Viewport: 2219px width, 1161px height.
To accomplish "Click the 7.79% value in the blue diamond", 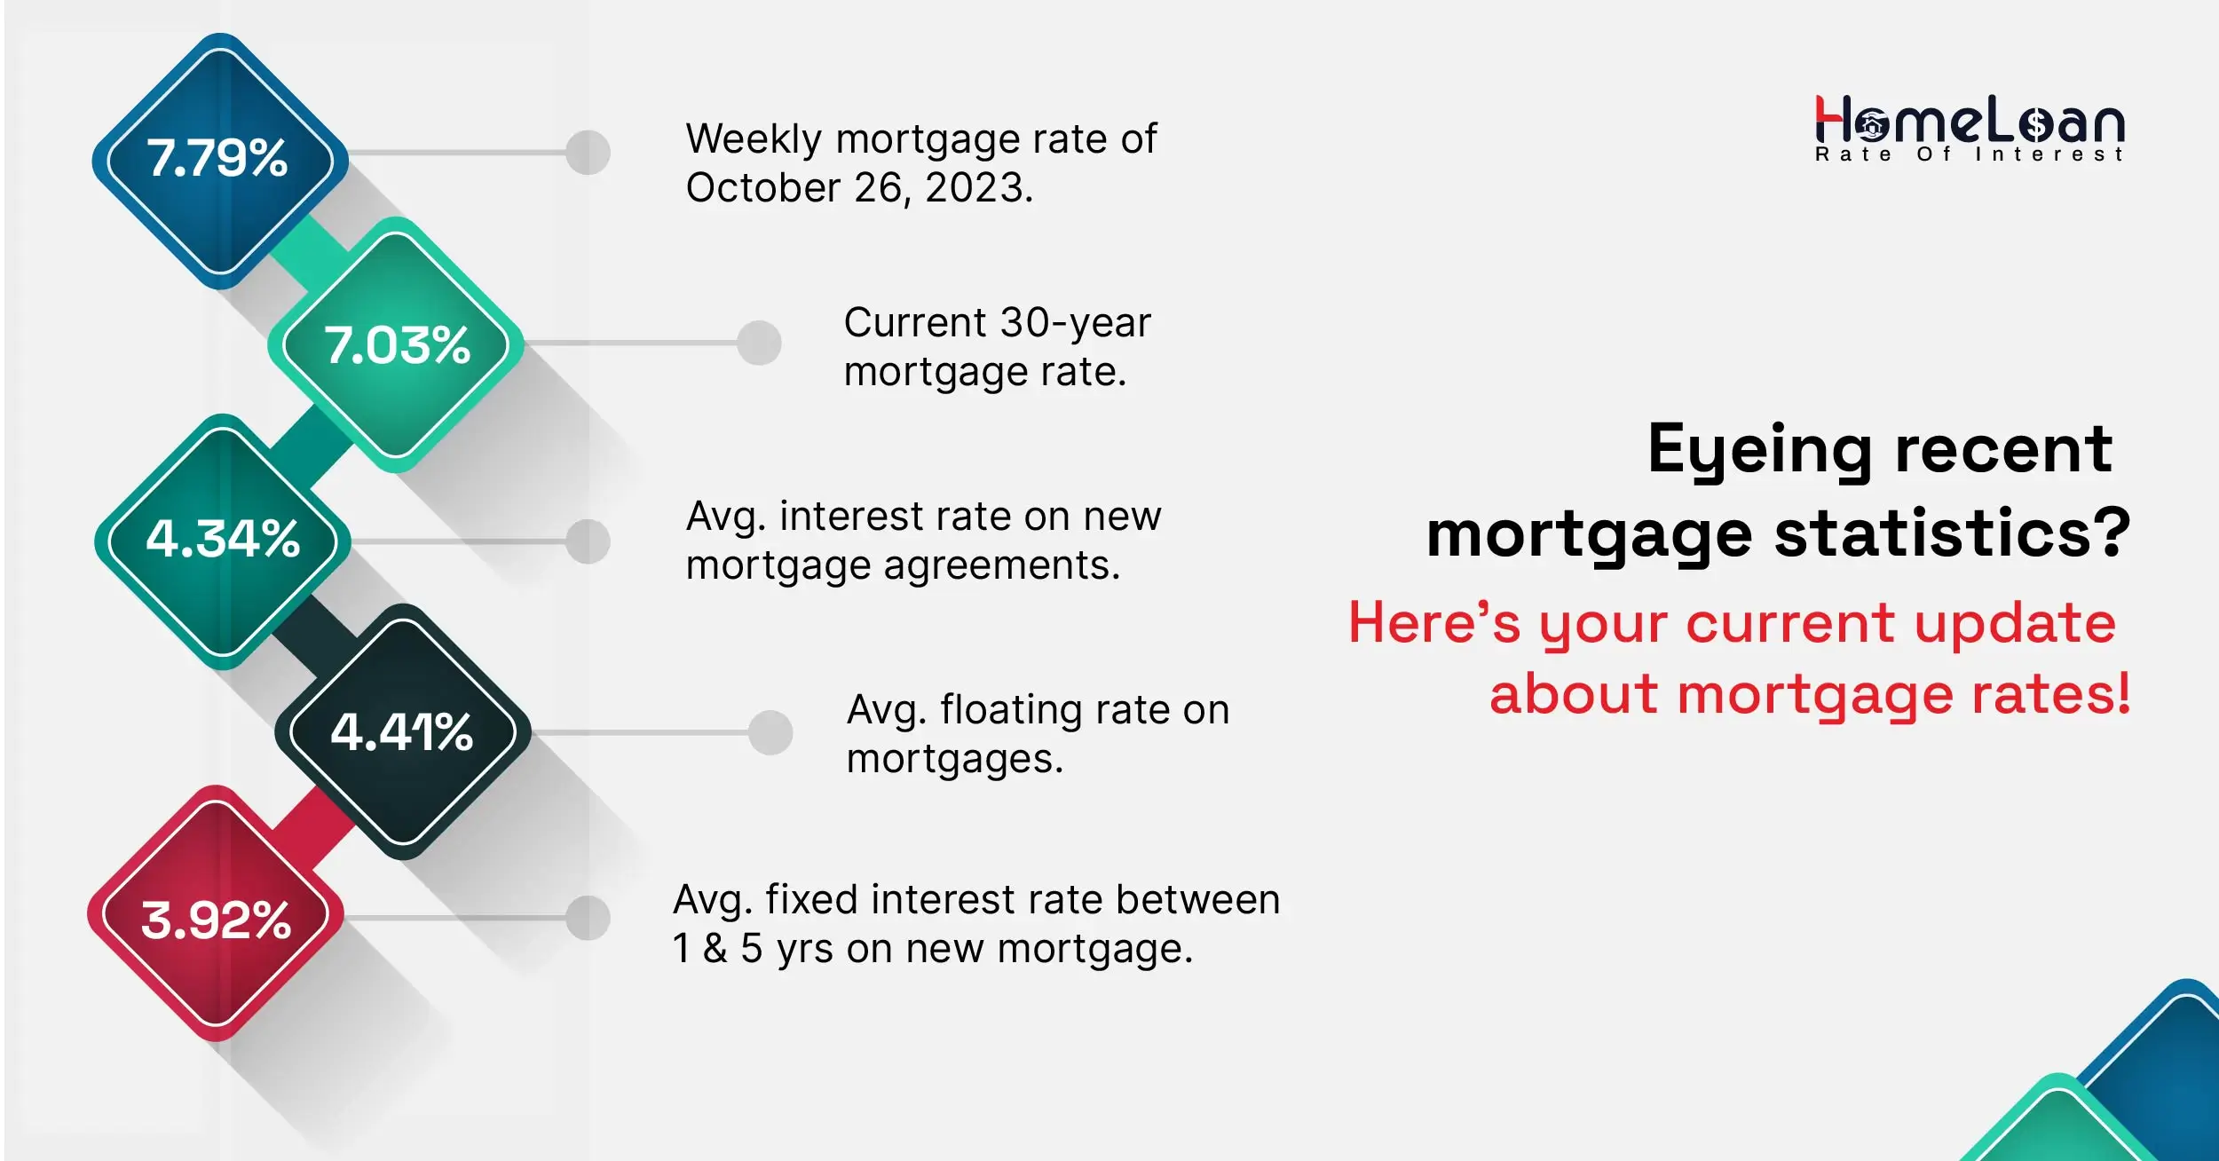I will pyautogui.click(x=217, y=158).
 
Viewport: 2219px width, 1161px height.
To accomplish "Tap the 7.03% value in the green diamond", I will pyautogui.click(x=397, y=344).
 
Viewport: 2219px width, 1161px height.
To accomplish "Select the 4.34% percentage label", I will pyautogui.click(x=223, y=538).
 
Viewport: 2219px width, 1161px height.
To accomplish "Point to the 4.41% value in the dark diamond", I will pyautogui.click(x=402, y=732).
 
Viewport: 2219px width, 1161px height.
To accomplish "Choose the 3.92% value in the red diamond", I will pyautogui.click(x=217, y=920).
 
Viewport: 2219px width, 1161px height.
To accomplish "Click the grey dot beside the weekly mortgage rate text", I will pyautogui.click(x=588, y=153).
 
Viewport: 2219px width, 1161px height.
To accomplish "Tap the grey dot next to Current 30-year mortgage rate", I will pyautogui.click(x=759, y=343).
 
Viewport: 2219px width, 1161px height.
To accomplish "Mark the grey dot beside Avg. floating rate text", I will pyautogui.click(x=770, y=732).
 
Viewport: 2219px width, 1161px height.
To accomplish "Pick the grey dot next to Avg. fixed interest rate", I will pyautogui.click(x=588, y=918).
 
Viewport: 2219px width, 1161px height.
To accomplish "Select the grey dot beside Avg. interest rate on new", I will pyautogui.click(x=588, y=541).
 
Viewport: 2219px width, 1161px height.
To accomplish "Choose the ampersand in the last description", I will pyautogui.click(x=715, y=948).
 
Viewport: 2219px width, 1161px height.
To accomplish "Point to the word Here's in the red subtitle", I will pyautogui.click(x=1433, y=622).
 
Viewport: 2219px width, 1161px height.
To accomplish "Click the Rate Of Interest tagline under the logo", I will pyautogui.click(x=1968, y=154).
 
